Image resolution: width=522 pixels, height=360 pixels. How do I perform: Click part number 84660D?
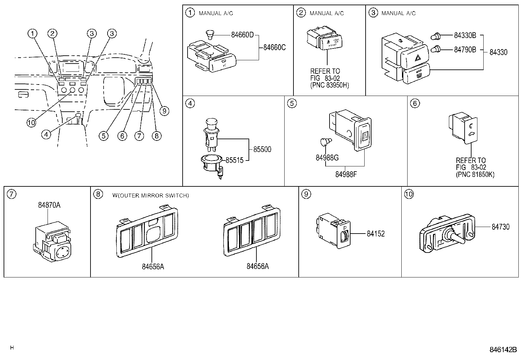click(242, 35)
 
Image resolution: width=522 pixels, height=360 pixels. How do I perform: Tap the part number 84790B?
click(465, 50)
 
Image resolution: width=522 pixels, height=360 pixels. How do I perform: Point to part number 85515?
click(234, 161)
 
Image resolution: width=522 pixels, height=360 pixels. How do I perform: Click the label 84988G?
click(327, 158)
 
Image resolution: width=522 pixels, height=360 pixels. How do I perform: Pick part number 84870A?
click(49, 205)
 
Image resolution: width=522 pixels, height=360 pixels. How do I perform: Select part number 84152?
click(375, 234)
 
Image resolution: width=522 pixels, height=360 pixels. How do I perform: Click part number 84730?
click(500, 227)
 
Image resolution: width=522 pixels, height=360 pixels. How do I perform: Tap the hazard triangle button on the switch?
click(418, 59)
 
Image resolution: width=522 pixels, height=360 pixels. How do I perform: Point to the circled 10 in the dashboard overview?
click(31, 123)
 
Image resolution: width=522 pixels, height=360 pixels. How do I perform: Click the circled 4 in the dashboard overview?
click(46, 134)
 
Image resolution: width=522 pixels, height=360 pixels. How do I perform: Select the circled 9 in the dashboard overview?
click(164, 111)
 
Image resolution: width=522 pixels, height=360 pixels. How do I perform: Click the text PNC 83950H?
click(330, 85)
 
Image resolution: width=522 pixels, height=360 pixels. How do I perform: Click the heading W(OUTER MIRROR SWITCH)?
click(151, 196)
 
